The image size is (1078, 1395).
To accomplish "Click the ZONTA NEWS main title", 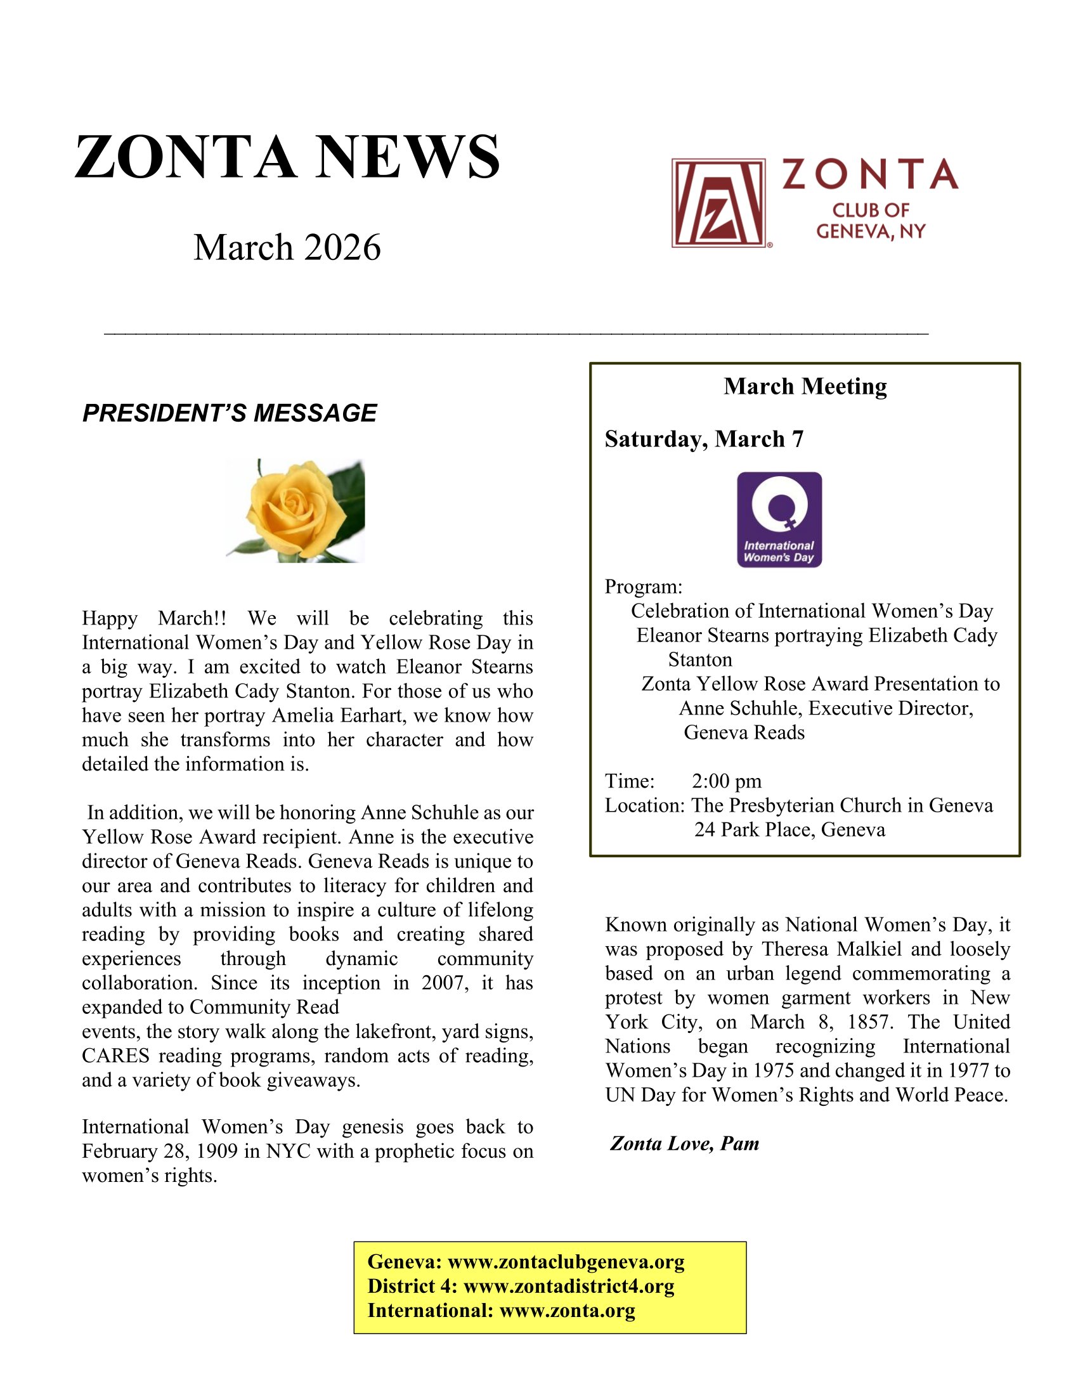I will tap(287, 157).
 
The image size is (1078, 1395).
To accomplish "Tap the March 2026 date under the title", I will tap(287, 247).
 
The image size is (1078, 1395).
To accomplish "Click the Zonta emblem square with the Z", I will tap(718, 203).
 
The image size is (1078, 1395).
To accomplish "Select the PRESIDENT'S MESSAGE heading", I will tap(230, 413).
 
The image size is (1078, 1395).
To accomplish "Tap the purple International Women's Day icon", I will tap(779, 519).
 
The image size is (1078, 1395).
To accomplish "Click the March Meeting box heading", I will tap(805, 386).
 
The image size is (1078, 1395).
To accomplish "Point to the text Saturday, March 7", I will tap(704, 439).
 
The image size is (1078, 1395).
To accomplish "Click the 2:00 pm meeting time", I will tap(726, 781).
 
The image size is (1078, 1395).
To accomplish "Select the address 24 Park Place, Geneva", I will tap(789, 830).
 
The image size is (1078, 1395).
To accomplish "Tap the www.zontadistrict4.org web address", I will tap(568, 1286).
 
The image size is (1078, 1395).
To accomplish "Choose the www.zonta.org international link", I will tap(567, 1310).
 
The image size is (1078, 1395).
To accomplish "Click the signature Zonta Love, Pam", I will tap(685, 1143).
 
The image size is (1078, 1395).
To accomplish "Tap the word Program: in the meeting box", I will tap(644, 587).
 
